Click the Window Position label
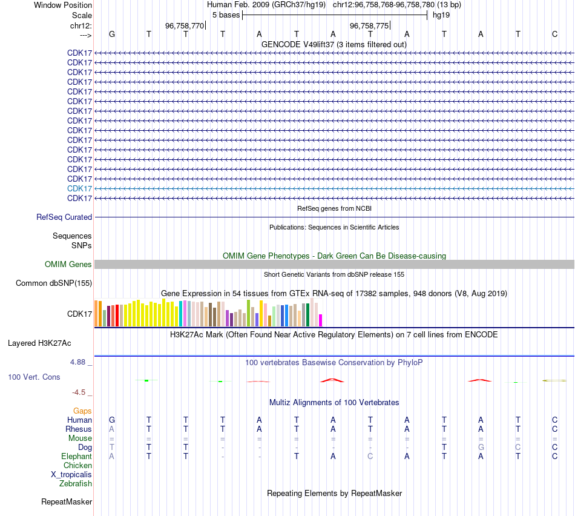coord(63,5)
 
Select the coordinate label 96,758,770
coord(185,25)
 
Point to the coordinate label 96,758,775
coord(369,25)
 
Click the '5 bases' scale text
coord(226,15)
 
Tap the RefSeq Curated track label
coord(64,217)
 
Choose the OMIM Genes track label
coord(68,265)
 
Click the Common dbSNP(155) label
coord(54,283)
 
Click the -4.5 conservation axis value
coord(80,392)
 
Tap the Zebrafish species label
coord(76,484)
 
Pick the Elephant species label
coord(76,457)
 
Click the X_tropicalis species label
coord(71,475)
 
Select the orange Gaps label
coord(82,411)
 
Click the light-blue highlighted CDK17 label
coord(79,188)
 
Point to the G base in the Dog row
coord(481,448)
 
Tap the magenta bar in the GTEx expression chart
coord(321,320)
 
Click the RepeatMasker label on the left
coord(67,502)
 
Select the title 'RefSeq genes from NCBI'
coord(334,208)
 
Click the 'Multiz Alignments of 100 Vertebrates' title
coord(334,402)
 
